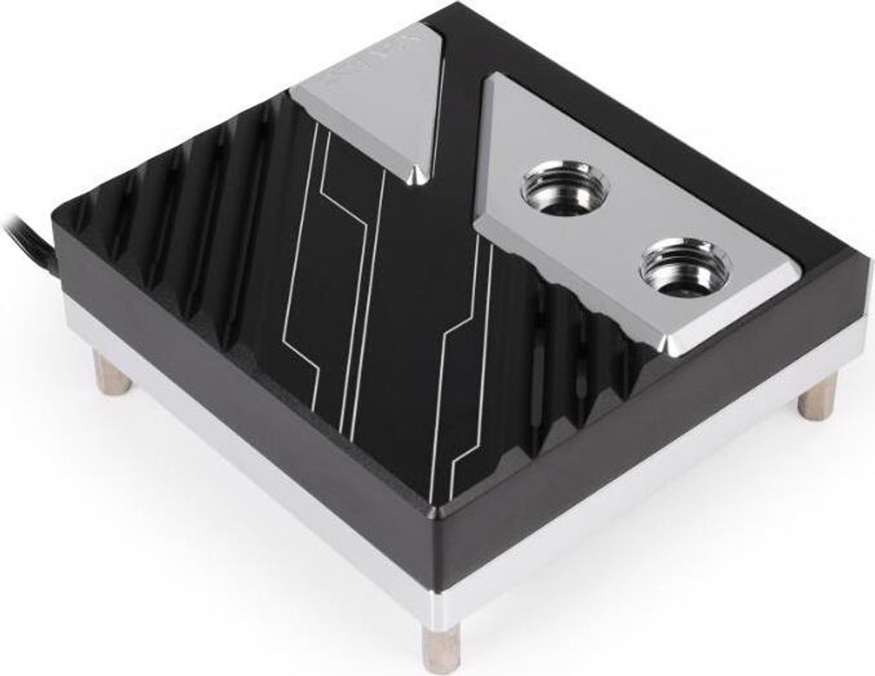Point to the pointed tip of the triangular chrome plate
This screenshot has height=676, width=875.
[419, 176]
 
